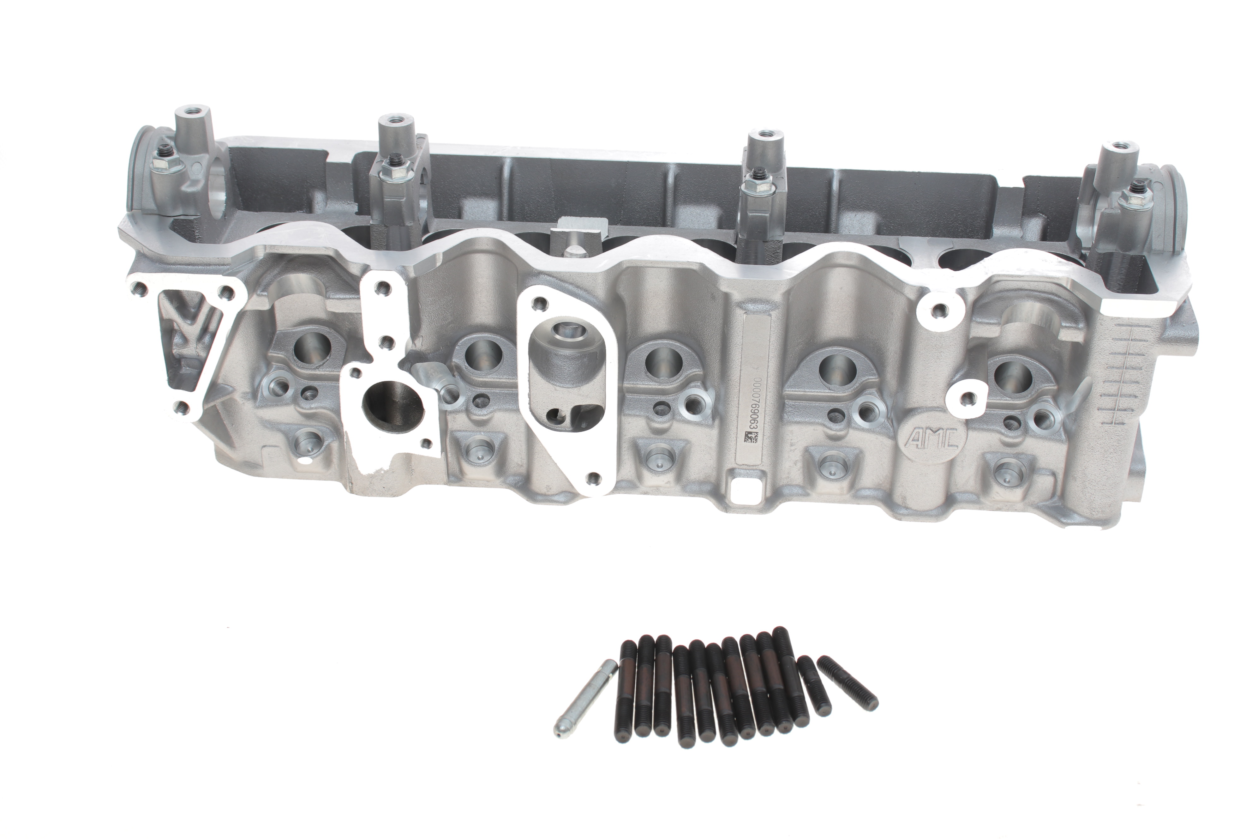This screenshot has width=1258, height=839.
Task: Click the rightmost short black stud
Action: (847, 683)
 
